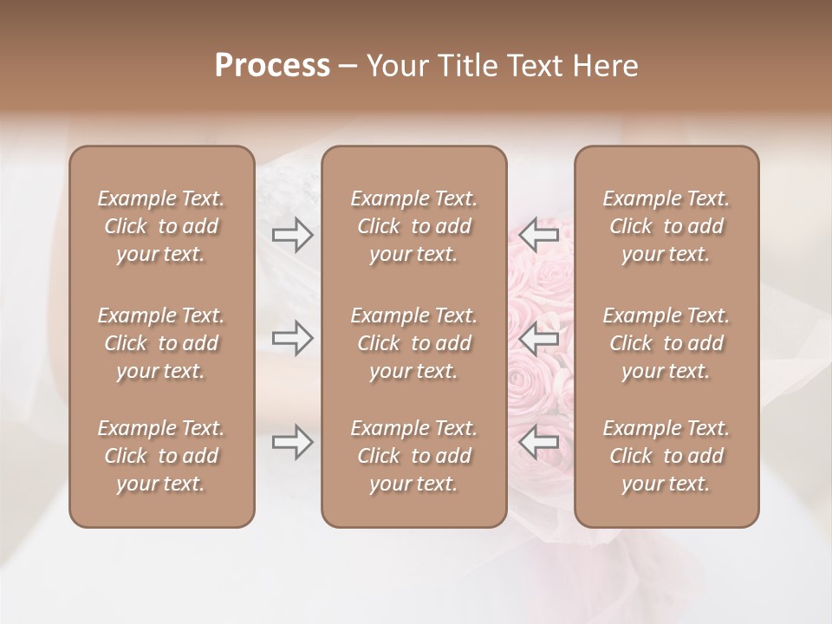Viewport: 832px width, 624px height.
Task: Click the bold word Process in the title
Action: (272, 66)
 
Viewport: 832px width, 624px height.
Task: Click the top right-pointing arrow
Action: (293, 235)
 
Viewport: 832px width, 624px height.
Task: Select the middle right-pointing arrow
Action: (293, 338)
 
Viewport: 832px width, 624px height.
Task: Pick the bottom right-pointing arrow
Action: (293, 442)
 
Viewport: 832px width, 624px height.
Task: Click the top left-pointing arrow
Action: (538, 235)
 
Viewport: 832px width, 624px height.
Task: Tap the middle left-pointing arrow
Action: (538, 338)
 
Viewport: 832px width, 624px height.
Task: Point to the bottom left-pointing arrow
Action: (538, 442)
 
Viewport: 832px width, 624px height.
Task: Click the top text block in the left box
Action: (161, 226)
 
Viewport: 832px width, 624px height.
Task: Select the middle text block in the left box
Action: (161, 343)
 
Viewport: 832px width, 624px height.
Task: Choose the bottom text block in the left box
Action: (161, 456)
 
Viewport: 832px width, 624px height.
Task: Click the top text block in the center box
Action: (413, 226)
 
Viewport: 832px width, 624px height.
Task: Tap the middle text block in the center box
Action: (413, 343)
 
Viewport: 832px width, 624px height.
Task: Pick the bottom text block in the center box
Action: (413, 456)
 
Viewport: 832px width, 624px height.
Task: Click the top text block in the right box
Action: (666, 226)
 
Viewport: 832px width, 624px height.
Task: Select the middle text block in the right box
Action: (666, 343)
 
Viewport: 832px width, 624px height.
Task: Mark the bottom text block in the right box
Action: (666, 456)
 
